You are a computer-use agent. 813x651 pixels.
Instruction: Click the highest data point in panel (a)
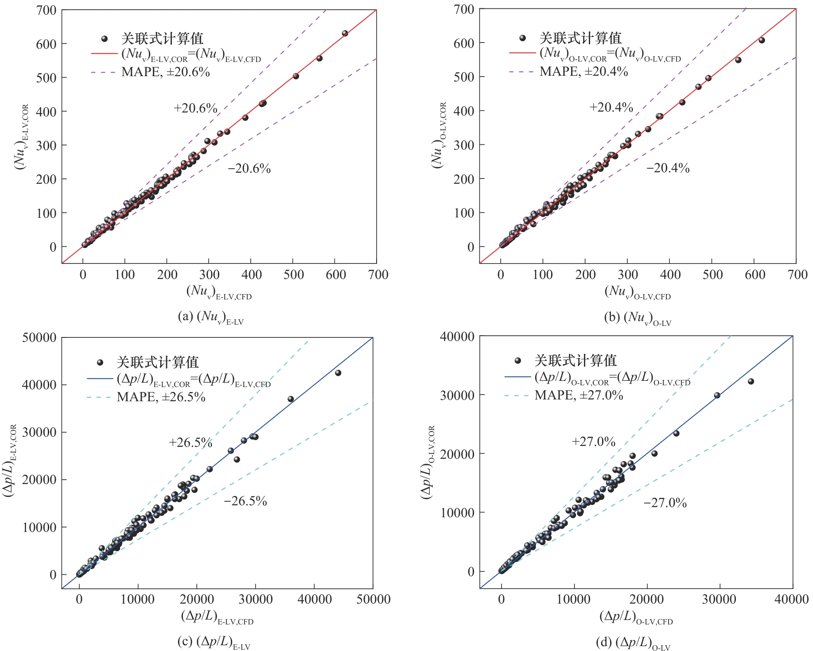point(345,33)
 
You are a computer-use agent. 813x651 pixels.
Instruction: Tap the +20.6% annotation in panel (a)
point(195,108)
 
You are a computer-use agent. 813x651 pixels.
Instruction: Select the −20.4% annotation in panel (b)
point(668,168)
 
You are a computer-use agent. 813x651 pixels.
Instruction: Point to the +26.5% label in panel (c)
point(191,442)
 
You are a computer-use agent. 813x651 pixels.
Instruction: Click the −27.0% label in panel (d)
point(665,503)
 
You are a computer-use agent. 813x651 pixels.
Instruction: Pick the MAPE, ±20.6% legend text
point(165,72)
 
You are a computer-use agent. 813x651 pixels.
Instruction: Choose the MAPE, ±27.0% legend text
point(579,395)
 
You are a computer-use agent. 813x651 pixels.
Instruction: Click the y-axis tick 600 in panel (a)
point(46,44)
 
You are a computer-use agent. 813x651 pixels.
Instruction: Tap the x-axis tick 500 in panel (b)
point(712,275)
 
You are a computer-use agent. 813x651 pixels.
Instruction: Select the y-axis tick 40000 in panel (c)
point(39,385)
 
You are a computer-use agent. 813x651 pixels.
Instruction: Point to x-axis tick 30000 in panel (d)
point(719,599)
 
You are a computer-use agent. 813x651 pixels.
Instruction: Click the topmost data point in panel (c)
point(338,373)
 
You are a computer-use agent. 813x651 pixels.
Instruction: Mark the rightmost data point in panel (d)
point(751,381)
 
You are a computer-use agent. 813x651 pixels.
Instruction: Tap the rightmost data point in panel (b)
point(762,40)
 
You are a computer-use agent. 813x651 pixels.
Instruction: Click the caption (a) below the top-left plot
point(210,317)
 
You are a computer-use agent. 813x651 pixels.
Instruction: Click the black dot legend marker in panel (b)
point(522,38)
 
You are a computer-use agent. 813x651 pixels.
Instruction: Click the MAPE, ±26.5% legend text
point(161,397)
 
